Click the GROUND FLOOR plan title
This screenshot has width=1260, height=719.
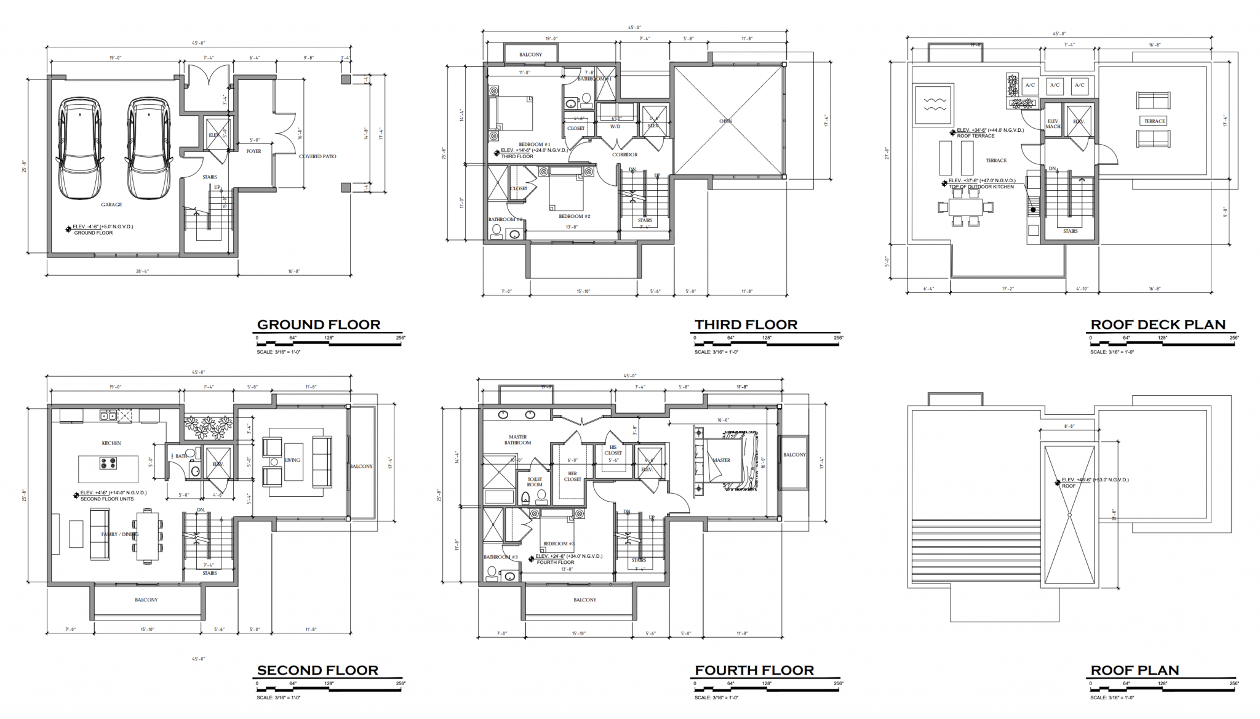[318, 324]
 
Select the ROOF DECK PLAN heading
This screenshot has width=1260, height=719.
[1158, 324]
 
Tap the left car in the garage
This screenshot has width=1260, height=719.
[81, 148]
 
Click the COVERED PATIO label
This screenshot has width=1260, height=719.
[317, 156]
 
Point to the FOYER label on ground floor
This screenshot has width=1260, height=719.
[253, 151]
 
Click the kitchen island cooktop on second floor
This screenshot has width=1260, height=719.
[108, 463]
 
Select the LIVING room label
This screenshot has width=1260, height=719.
[292, 460]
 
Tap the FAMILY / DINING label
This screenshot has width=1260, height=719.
[120, 534]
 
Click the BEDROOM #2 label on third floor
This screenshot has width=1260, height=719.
[574, 216]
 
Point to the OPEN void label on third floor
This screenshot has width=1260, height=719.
[726, 121]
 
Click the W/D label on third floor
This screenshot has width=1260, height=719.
[615, 127]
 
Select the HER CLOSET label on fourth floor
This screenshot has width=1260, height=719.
[572, 476]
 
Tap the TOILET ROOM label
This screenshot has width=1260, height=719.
[535, 481]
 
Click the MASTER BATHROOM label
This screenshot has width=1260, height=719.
[517, 440]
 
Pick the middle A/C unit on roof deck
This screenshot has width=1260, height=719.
[1055, 86]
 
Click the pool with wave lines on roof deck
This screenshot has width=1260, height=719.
[933, 106]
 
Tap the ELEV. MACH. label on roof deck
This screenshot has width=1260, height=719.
[1053, 124]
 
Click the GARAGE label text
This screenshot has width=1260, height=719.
[112, 204]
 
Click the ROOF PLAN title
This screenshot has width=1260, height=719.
[1134, 670]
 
